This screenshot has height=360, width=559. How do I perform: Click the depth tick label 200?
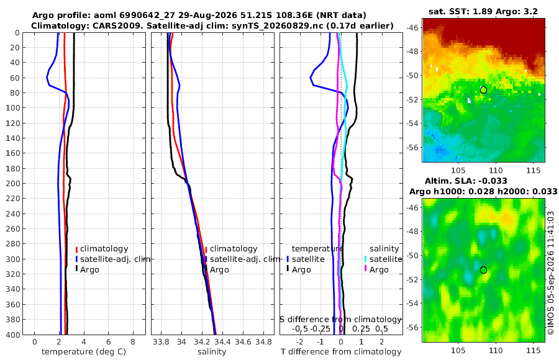point(12,183)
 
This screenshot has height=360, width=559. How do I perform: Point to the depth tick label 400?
point(12,335)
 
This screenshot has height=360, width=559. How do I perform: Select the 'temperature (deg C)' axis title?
point(84,352)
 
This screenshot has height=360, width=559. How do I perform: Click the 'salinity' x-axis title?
point(212,352)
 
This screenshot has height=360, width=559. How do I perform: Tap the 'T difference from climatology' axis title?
point(341,352)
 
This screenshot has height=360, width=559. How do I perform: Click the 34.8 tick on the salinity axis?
point(263,342)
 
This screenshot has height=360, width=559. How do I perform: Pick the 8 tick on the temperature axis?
point(133,342)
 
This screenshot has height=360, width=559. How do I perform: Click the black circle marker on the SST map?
point(483,90)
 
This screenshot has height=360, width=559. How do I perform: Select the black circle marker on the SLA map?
point(483,270)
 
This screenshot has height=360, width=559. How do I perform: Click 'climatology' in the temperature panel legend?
point(104,249)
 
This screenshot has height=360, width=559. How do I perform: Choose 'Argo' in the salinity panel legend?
point(219,270)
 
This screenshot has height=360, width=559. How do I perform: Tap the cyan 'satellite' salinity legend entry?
point(386,259)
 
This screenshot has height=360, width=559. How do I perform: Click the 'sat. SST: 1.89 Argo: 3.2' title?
point(483,11)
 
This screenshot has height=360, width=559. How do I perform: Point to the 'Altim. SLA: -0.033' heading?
point(466,181)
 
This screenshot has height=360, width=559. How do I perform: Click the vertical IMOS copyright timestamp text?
point(551,273)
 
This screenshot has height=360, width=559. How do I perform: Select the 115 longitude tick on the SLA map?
point(534,350)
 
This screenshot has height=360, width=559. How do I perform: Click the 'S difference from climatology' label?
point(340,319)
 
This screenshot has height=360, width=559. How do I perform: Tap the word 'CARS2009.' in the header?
point(124,25)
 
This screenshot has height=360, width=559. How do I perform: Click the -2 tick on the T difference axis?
point(299,342)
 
